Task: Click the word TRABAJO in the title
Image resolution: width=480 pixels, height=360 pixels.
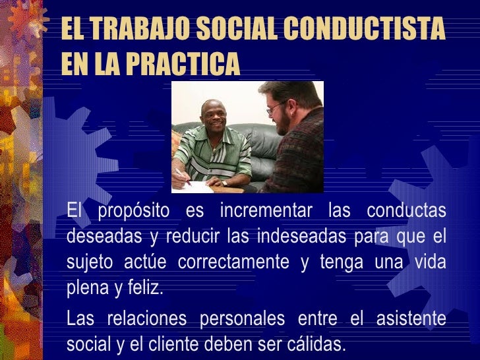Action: [x=131, y=30]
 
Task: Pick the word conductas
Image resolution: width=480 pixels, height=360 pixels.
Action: [x=406, y=212]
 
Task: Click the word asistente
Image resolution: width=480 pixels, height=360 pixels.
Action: [x=411, y=319]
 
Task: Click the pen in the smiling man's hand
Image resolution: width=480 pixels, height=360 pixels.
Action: [x=183, y=177]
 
